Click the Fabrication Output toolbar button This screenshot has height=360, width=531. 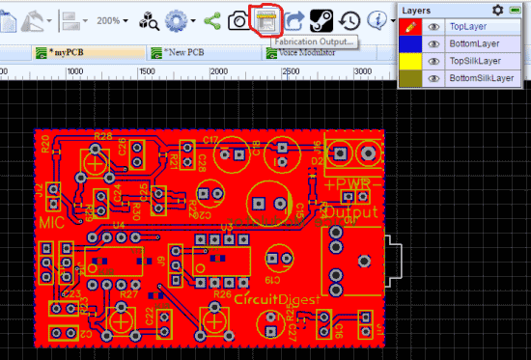click(x=264, y=19)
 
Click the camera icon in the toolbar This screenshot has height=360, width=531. click(x=238, y=20)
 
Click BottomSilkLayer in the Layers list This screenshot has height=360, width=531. click(x=483, y=77)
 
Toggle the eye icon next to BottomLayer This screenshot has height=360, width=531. click(x=434, y=43)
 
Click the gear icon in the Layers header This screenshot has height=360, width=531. click(x=497, y=10)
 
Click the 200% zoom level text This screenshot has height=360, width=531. click(x=109, y=20)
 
